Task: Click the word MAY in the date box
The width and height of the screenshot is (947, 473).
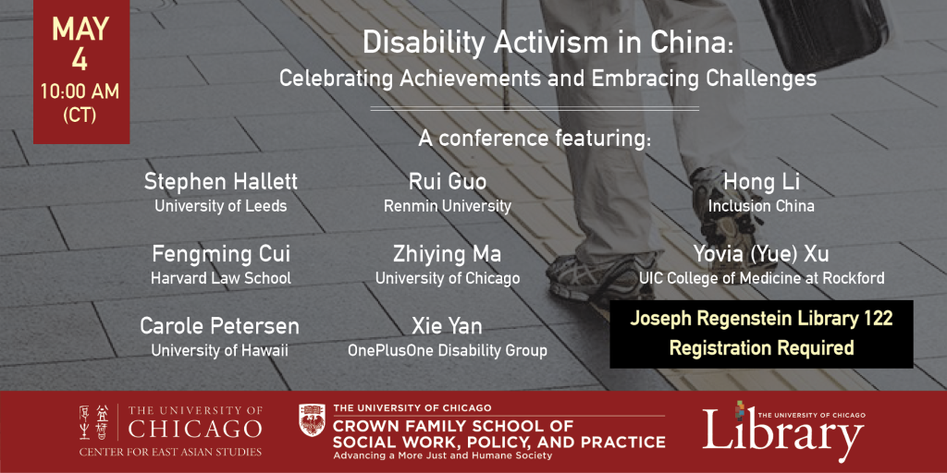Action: point(80,30)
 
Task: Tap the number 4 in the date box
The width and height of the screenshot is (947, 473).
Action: point(80,62)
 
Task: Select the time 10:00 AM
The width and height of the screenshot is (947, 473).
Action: point(80,93)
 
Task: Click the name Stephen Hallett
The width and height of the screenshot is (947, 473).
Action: point(220,180)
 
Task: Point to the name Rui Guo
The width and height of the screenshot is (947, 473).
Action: point(447,180)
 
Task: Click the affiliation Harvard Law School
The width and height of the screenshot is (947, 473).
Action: point(220,278)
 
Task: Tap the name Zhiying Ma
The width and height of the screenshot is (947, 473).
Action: point(447,253)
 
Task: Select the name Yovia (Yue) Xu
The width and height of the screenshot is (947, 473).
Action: point(760,253)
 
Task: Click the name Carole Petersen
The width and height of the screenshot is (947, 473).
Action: point(220,326)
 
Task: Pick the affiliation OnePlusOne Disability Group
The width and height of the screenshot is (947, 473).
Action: point(447,351)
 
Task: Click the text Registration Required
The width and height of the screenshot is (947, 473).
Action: point(760,349)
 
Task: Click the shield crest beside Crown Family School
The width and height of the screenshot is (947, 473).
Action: point(312,421)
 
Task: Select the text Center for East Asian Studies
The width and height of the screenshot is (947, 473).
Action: point(170,452)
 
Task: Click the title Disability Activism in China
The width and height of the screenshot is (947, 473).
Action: point(547,43)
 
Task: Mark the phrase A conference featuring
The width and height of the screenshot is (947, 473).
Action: point(535,139)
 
